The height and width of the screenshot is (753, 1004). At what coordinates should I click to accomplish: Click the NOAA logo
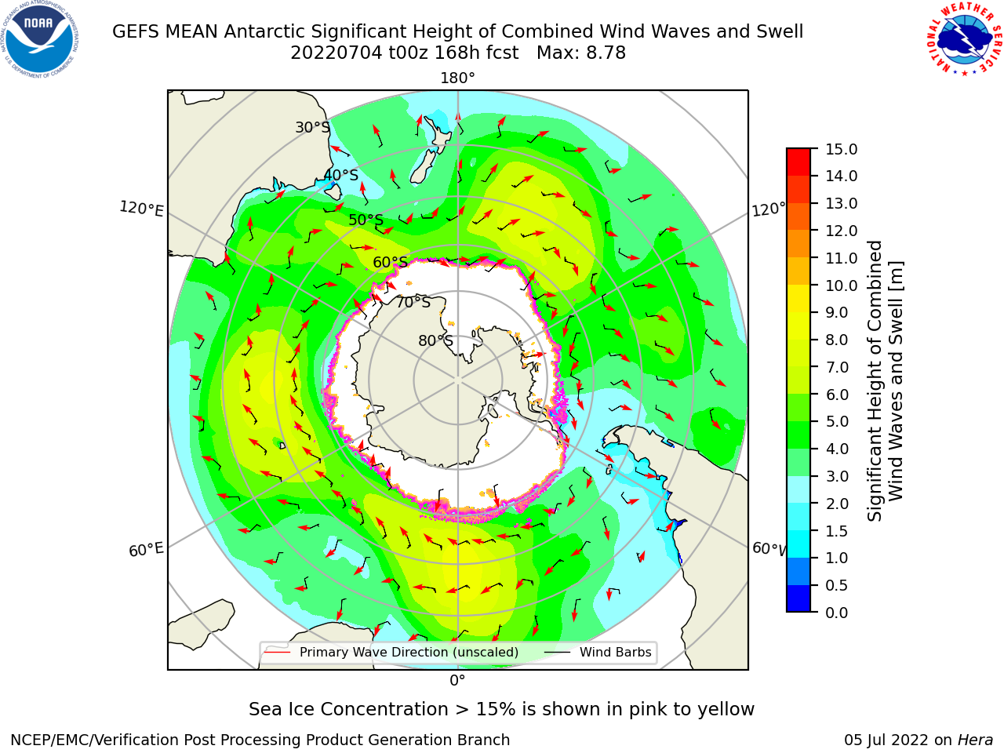tap(40, 39)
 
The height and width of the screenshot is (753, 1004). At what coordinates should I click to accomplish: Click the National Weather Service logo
tap(965, 39)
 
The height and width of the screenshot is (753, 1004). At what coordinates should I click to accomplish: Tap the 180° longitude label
tap(457, 78)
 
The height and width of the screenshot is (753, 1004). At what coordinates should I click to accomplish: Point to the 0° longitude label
tap(457, 681)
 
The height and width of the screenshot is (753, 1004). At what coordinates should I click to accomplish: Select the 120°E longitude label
tap(141, 209)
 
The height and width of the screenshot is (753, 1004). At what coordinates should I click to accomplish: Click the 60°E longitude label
tap(146, 549)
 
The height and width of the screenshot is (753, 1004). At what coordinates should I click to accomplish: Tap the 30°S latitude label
tap(312, 127)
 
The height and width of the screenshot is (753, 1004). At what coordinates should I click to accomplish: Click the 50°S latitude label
tap(366, 220)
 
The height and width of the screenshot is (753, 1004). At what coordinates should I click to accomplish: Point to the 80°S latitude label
tap(435, 340)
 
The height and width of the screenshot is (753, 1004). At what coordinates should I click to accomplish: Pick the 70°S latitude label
tap(413, 302)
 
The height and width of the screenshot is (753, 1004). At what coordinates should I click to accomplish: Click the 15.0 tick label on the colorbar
tap(841, 149)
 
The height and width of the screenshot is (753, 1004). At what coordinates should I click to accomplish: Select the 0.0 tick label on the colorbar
tap(837, 613)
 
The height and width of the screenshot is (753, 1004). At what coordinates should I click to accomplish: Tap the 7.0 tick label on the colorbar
tap(837, 367)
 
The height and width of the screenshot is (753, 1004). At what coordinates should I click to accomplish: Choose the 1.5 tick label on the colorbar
tap(837, 531)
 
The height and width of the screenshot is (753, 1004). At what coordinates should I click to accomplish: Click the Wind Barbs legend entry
tap(598, 652)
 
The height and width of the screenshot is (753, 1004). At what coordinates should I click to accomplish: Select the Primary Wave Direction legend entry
tap(391, 652)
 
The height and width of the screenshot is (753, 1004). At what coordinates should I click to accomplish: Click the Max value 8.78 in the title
tap(581, 53)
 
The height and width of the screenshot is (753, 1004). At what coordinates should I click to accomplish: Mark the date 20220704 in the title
tap(336, 53)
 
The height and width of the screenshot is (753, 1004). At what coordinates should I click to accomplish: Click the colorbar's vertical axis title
tap(885, 380)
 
